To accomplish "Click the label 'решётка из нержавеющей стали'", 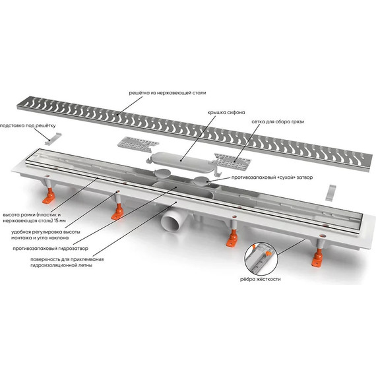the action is point(168,93).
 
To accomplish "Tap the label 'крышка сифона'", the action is point(226,112).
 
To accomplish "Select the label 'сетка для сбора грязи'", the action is point(278,122).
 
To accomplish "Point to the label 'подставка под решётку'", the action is point(28,125).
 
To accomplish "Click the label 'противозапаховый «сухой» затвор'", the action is point(272,177).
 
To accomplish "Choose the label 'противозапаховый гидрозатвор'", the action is point(50,249).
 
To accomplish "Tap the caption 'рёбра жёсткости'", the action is point(260,280).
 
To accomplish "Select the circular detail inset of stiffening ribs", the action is point(261,259).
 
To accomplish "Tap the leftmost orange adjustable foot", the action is point(49,196).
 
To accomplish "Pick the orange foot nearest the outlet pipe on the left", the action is point(117,212).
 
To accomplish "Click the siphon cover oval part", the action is point(180,161).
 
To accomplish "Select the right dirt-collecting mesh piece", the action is point(233,160).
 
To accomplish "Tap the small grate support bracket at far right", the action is point(331,193).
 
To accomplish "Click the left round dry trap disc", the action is point(162,172).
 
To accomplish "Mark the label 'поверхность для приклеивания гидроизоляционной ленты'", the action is point(67,263).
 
